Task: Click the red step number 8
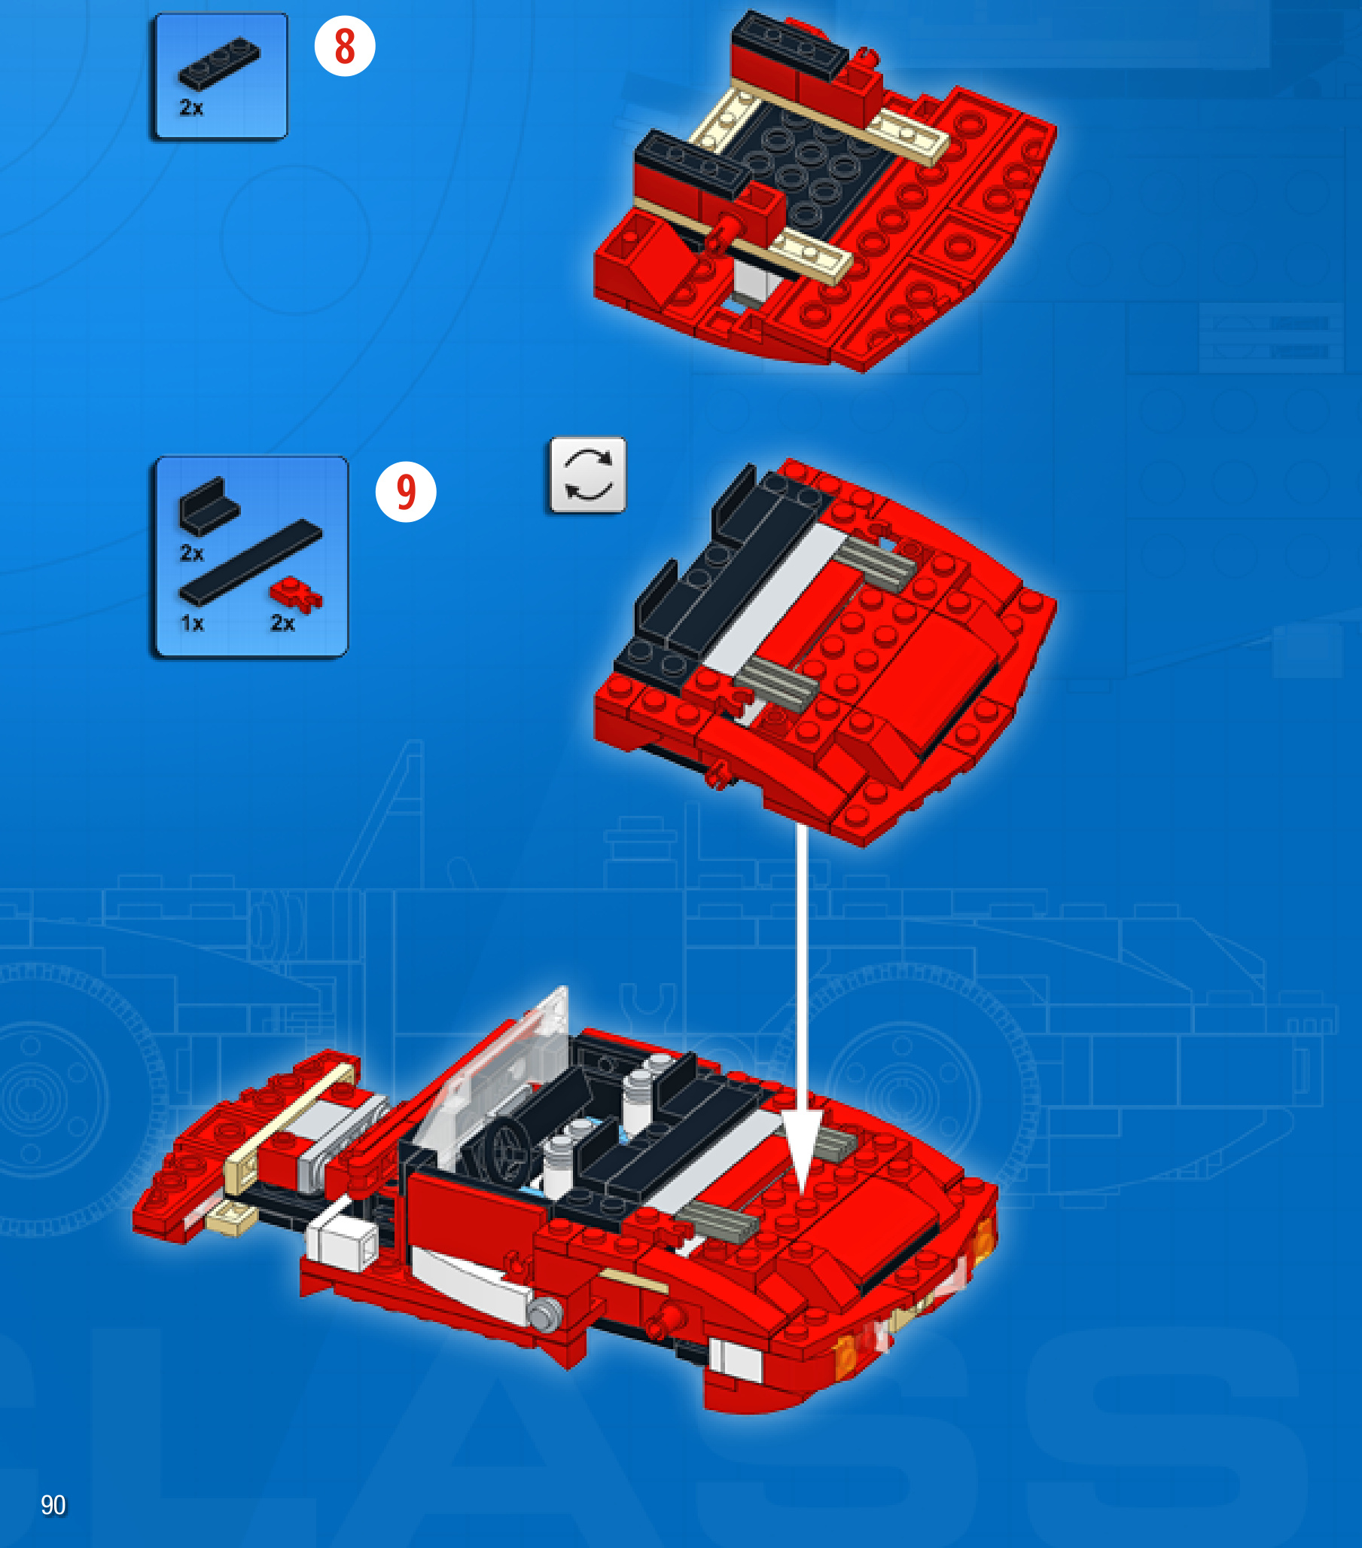[345, 46]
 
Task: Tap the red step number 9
[407, 491]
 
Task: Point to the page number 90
[53, 1505]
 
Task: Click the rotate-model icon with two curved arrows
[587, 475]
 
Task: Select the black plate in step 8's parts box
[219, 63]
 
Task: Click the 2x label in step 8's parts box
[191, 108]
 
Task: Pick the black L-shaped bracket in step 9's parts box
[208, 505]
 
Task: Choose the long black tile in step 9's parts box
[250, 563]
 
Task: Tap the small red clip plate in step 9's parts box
[296, 594]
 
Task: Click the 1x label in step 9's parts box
[192, 623]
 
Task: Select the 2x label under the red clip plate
[282, 623]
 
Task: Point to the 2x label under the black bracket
[191, 554]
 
